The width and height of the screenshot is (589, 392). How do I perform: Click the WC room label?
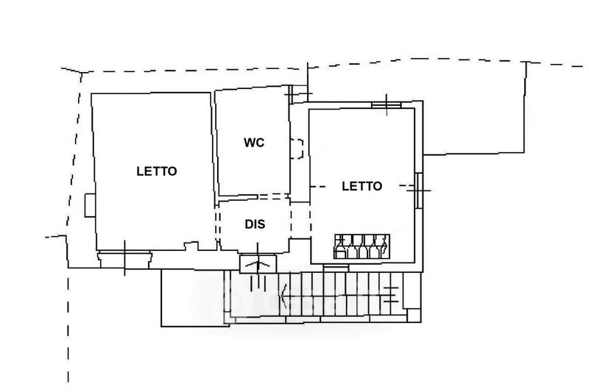(x=254, y=143)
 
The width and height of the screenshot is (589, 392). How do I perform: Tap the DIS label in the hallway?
(x=255, y=224)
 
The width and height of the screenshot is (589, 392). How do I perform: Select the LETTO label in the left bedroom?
(x=157, y=171)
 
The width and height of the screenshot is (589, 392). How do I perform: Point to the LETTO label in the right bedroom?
(x=361, y=186)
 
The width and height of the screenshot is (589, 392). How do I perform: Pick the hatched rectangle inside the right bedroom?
(x=361, y=246)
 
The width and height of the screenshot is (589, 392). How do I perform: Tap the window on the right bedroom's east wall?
(x=419, y=190)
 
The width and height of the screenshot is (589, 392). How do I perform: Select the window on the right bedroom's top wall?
(x=386, y=105)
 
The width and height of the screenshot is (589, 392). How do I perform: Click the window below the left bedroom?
(x=124, y=260)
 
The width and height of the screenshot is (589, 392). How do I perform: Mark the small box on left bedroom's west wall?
(x=90, y=205)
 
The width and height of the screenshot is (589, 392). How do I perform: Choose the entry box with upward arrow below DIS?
(x=258, y=264)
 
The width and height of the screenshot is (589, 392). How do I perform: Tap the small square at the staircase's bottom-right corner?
(x=414, y=316)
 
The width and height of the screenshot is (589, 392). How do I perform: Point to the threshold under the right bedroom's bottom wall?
(x=336, y=268)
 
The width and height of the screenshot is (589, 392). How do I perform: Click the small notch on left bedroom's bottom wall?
(x=191, y=246)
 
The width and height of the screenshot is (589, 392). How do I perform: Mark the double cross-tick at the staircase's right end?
(x=391, y=294)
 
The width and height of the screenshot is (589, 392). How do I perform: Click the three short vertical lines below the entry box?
(x=258, y=282)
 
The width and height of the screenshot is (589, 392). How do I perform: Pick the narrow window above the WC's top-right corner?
(x=299, y=94)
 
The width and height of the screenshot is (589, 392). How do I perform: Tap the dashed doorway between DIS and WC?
(x=272, y=196)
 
